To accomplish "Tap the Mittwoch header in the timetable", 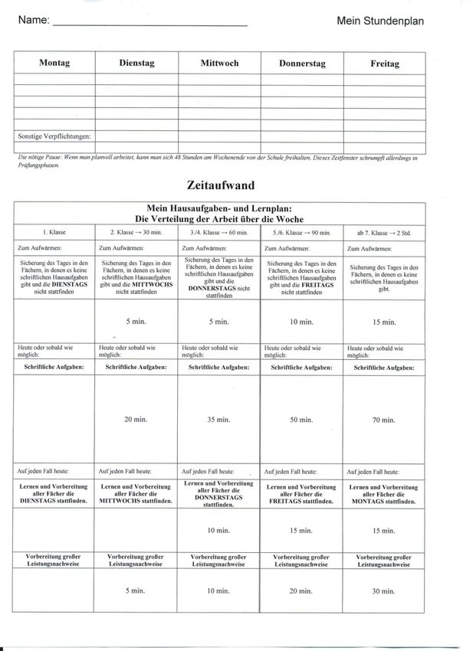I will pyautogui.click(x=219, y=64).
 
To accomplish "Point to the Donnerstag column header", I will pyautogui.click(x=301, y=64).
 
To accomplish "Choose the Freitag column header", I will pyautogui.click(x=384, y=64).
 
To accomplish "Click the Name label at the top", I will pyautogui.click(x=34, y=21).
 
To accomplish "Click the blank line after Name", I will pyautogui.click(x=149, y=23).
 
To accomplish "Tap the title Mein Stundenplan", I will pyautogui.click(x=379, y=21).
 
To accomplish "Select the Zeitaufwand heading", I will pyautogui.click(x=220, y=185).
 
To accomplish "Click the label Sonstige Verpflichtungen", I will pyautogui.click(x=54, y=136).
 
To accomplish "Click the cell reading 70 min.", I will pyautogui.click(x=383, y=420).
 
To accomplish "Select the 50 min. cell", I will pyautogui.click(x=301, y=420).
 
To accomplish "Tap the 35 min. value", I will pyautogui.click(x=219, y=420).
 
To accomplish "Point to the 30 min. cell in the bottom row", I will pyautogui.click(x=383, y=590).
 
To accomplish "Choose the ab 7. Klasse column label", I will pyautogui.click(x=383, y=232).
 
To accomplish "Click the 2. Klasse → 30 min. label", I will pyautogui.click(x=136, y=232).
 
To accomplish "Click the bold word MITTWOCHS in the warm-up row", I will pyautogui.click(x=149, y=283).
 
